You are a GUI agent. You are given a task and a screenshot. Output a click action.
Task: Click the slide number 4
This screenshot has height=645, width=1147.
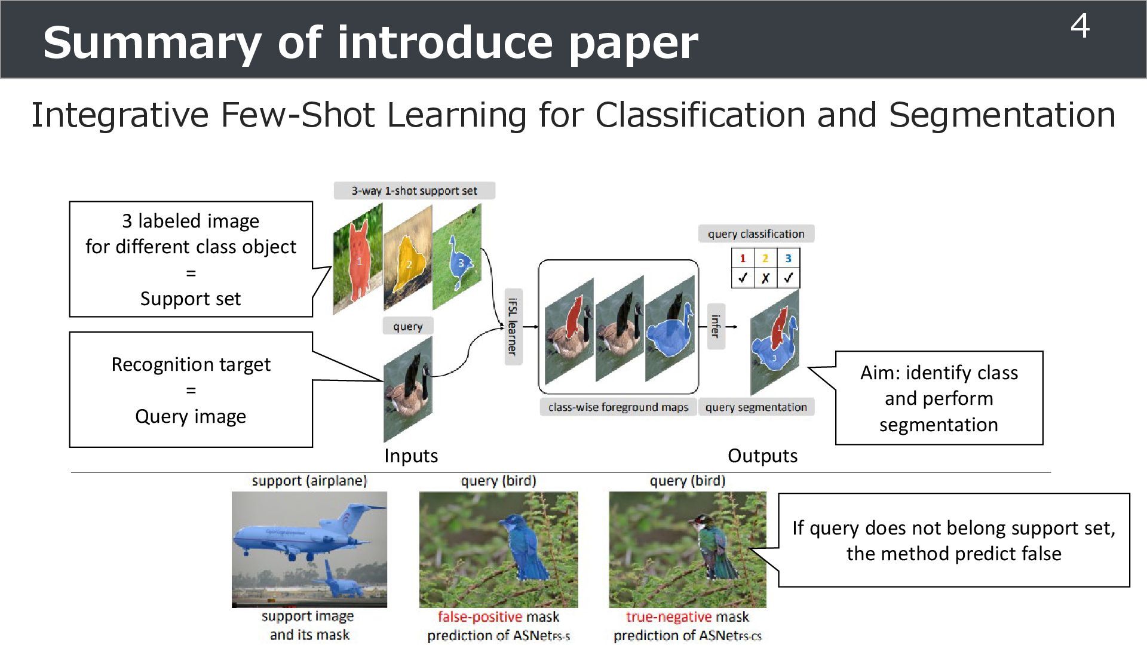click(x=1079, y=27)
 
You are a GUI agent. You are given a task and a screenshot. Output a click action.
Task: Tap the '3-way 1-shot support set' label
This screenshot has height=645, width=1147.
click(x=414, y=191)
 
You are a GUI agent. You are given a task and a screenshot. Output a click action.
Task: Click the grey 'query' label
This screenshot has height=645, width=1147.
click(x=407, y=326)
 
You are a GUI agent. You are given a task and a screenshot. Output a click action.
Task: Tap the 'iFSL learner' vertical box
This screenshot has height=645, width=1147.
click(x=513, y=326)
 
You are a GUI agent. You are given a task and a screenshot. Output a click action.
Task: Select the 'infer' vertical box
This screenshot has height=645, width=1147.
click(x=716, y=326)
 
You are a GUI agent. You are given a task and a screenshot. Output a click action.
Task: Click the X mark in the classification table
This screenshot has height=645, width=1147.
click(x=765, y=278)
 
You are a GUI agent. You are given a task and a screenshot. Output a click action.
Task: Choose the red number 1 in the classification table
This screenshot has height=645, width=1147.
click(x=743, y=259)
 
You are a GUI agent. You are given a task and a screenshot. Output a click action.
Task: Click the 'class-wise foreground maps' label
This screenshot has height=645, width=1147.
click(x=618, y=407)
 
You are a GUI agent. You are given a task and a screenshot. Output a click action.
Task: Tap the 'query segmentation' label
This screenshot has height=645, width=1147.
click(x=756, y=407)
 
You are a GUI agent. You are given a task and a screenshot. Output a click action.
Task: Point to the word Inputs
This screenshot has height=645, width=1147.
click(x=411, y=456)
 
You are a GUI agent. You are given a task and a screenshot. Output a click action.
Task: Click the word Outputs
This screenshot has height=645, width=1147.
click(x=762, y=456)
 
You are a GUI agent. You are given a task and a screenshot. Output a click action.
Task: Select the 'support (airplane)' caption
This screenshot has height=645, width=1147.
click(x=309, y=481)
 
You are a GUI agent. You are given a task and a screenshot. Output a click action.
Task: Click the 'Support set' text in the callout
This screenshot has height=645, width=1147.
click(x=191, y=299)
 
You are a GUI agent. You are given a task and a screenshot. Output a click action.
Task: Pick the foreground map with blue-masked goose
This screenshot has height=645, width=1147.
click(x=670, y=330)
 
